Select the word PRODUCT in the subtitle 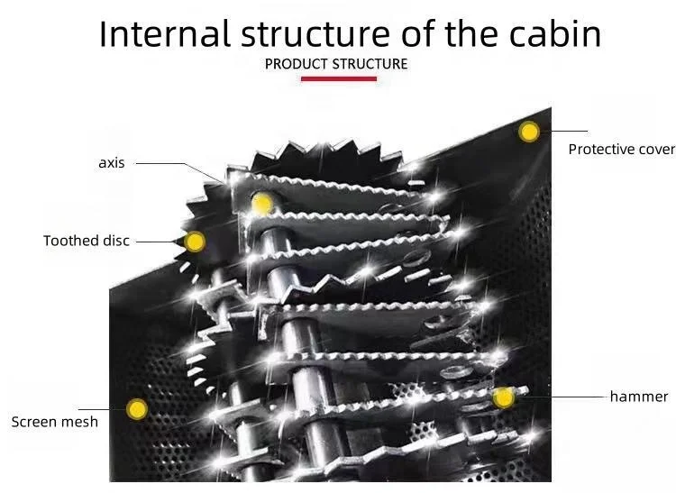tap(297, 64)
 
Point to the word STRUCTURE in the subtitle tap(370, 64)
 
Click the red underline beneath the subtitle tap(338, 78)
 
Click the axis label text tap(111, 163)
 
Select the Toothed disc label tap(87, 241)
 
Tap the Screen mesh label tap(54, 421)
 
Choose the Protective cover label tap(621, 149)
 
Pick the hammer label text tap(639, 397)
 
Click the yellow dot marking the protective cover tap(529, 132)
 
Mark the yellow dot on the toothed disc tap(195, 242)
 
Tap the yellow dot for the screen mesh tap(137, 409)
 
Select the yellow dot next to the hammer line tap(503, 397)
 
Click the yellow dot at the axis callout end tap(262, 203)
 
